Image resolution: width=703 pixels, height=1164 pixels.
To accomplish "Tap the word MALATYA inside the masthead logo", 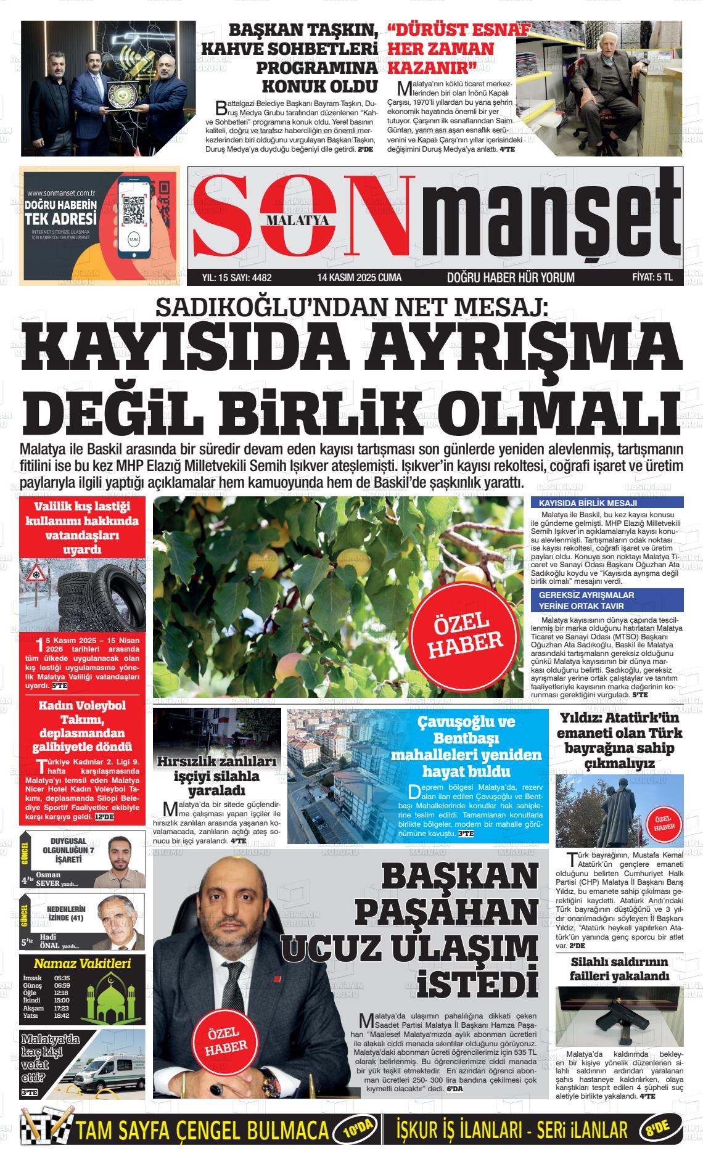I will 298,221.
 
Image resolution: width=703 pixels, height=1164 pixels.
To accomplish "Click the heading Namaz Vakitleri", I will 82,963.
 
